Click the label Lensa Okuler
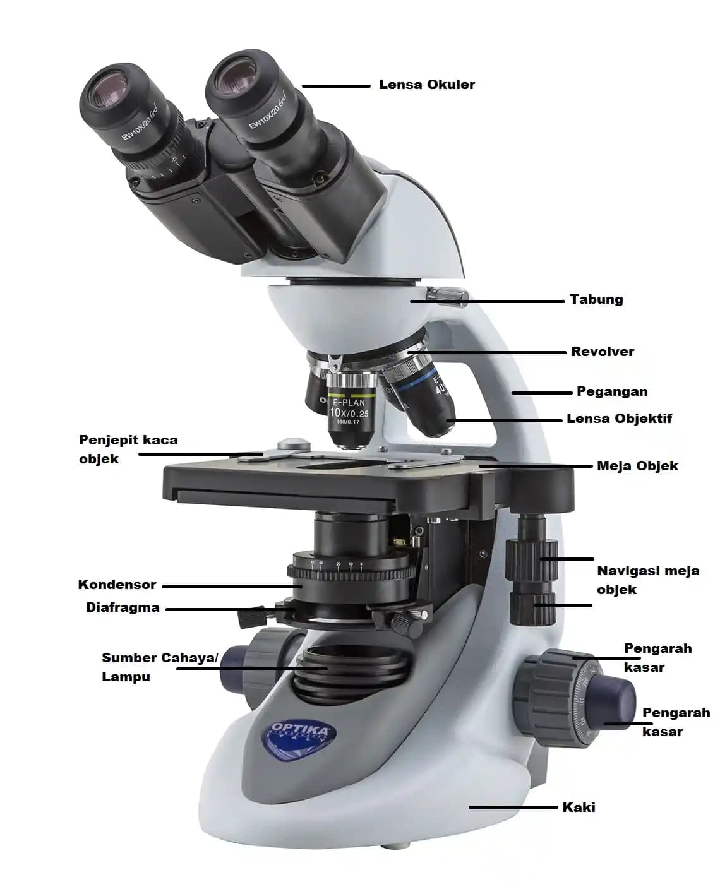pyautogui.click(x=426, y=85)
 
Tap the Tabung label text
pyautogui.click(x=596, y=299)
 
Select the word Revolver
pyautogui.click(x=603, y=352)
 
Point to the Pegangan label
pyautogui.click(x=612, y=391)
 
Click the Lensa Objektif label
pyautogui.click(x=619, y=419)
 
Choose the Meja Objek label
pyautogui.click(x=637, y=466)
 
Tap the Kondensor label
pyautogui.click(x=117, y=585)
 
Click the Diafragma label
pyautogui.click(x=123, y=607)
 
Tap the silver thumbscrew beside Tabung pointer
pyautogui.click(x=448, y=297)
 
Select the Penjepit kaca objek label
pyautogui.click(x=128, y=450)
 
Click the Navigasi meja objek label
pyautogui.click(x=647, y=580)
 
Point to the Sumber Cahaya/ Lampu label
pyautogui.click(x=160, y=667)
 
